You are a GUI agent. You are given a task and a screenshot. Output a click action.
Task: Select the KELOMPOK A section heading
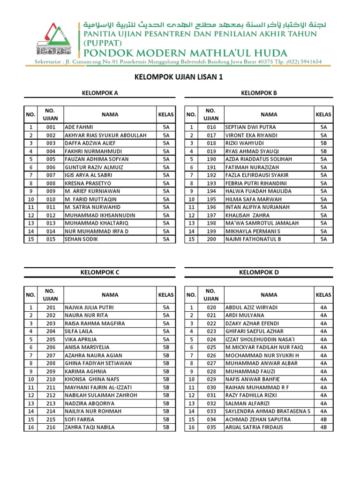tap(99, 93)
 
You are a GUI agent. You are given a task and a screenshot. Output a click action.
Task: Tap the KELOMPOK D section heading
tap(259, 272)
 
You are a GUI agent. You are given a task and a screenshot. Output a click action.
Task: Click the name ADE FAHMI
tap(79, 127)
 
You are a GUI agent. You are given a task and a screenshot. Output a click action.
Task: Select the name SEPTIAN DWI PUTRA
tap(250, 127)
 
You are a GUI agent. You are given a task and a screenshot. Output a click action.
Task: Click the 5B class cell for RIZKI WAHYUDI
tap(323, 143)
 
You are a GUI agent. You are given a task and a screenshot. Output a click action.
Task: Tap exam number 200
tap(211, 239)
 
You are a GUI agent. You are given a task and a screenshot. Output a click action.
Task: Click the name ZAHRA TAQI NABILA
tap(90, 427)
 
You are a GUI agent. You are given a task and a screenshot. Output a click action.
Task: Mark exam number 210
tap(51, 379)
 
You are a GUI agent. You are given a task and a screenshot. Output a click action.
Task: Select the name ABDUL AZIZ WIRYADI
tap(251, 307)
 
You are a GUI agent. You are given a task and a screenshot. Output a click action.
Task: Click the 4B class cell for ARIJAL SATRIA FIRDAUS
tap(323, 427)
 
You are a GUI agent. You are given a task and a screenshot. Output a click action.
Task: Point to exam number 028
tap(211, 371)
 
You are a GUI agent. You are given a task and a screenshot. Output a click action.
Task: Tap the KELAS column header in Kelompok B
tap(323, 114)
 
